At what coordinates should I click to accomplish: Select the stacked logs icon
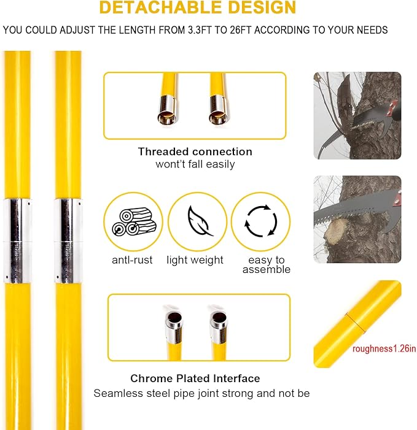[x=134, y=221]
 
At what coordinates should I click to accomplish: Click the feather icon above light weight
[x=200, y=221]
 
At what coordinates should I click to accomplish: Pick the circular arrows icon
[x=261, y=221]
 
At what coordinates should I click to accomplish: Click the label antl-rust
[x=132, y=259]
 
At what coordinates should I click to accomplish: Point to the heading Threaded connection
[x=195, y=152]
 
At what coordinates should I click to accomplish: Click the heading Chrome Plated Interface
[x=195, y=378]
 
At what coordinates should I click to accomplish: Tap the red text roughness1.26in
[x=384, y=348]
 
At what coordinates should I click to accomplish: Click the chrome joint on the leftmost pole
[x=17, y=241]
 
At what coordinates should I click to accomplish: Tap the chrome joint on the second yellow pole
[x=68, y=241]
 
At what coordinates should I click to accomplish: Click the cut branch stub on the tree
[x=335, y=232]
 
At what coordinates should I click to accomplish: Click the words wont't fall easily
[x=195, y=164]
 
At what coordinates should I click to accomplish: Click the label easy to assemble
[x=267, y=264]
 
